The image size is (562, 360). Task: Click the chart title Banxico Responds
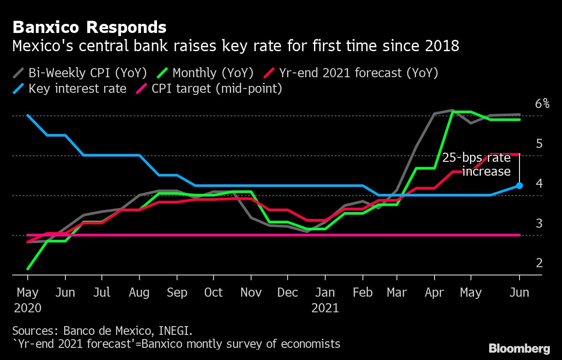[89, 28]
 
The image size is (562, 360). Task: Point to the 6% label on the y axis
[542, 104]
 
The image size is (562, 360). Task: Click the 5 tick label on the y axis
[539, 144]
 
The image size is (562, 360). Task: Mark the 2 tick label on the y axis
[539, 263]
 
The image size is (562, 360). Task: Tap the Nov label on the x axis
[251, 293]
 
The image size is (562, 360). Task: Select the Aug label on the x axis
[139, 293]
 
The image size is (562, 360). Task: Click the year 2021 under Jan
[325, 308]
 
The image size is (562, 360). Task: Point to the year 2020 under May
[28, 308]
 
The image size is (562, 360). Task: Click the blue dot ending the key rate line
[519, 186]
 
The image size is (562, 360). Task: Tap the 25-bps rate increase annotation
[477, 164]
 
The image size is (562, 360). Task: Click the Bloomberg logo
[519, 348]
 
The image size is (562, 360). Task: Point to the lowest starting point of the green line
[28, 268]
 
